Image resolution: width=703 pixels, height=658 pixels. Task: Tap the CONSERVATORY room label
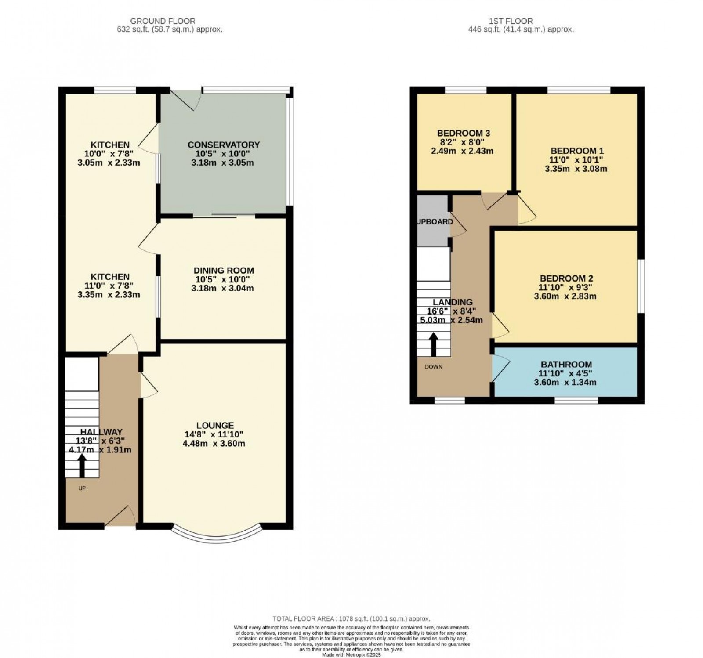click(223, 145)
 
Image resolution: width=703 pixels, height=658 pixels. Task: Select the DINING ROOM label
click(223, 270)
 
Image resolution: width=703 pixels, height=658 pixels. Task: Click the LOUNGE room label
click(214, 425)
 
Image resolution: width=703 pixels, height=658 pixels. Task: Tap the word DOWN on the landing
click(433, 366)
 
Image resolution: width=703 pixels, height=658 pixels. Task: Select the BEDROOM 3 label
click(463, 133)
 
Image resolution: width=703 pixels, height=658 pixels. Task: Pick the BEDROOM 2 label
click(566, 278)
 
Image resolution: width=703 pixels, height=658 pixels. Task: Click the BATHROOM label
click(566, 364)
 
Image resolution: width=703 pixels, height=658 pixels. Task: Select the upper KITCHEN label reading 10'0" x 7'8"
click(110, 145)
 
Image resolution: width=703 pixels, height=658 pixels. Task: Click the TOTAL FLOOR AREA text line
click(351, 618)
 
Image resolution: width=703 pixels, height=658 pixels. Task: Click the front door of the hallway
click(120, 517)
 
